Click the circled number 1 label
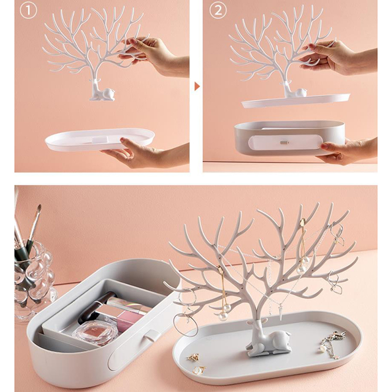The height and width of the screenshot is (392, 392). (x=28, y=10)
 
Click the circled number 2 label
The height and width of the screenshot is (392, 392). (x=218, y=10)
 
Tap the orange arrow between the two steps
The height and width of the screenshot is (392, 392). (x=197, y=87)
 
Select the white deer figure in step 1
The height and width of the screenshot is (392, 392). (x=102, y=91)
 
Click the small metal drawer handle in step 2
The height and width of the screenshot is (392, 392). (x=284, y=143)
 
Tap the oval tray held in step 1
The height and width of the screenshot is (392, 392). (x=100, y=139)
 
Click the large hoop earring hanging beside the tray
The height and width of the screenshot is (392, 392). (x=186, y=322)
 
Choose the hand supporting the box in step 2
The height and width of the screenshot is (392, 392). (x=347, y=151)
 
